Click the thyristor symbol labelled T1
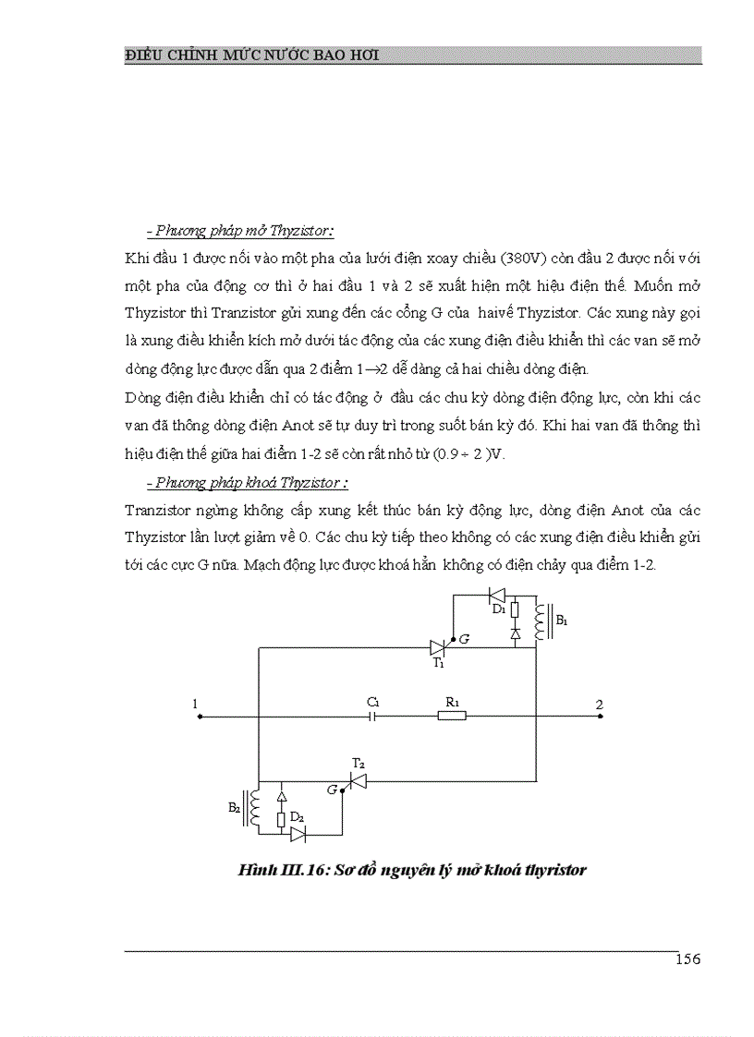point(439,647)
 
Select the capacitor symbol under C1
point(373,716)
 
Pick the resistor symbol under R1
point(451,716)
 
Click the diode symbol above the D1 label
point(496,595)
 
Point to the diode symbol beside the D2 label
point(298,834)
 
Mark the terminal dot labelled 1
point(200,716)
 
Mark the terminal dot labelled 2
point(601,716)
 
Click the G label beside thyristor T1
point(464,638)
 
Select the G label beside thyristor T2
point(333,790)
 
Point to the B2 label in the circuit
point(234,806)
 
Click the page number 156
point(687,959)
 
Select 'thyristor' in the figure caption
point(556,870)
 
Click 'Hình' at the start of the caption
point(255,870)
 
